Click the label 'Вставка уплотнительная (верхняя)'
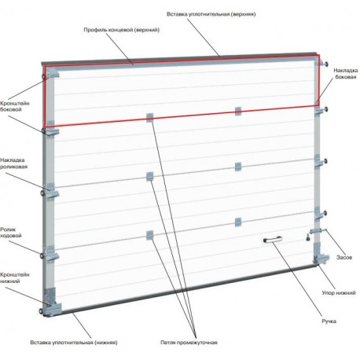coord(211,14)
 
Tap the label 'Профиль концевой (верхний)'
coord(122,30)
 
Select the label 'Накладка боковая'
coord(346,74)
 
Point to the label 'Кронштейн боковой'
coord(15,106)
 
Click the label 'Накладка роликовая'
coord(13,163)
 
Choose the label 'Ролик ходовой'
coord(11,233)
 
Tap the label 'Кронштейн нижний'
coord(15,277)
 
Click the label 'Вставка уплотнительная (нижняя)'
coord(74,343)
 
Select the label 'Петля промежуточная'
coord(189,343)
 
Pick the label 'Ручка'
coord(329,321)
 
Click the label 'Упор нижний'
coord(339,292)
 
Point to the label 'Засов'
coord(344,257)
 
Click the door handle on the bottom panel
coord(272,239)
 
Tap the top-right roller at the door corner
coord(326,64)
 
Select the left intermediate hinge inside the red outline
coord(149,117)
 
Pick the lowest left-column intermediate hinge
coord(149,235)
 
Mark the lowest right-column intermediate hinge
coord(238,222)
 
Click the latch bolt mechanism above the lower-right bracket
coord(317,233)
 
